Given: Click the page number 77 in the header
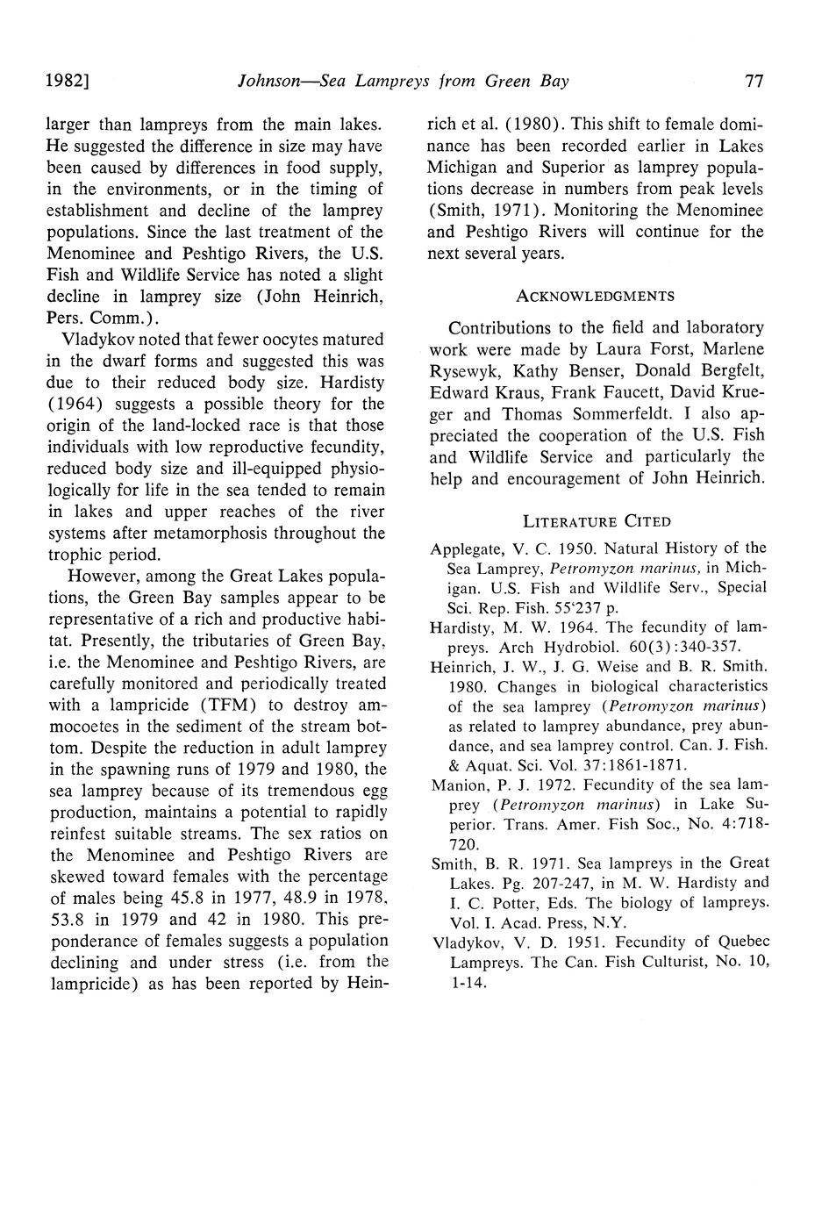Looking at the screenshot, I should pos(754,82).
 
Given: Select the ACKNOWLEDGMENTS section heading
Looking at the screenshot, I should pos(595,295).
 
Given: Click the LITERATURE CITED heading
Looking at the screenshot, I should pos(596,522).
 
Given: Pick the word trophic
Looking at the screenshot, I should pos(72,555).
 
